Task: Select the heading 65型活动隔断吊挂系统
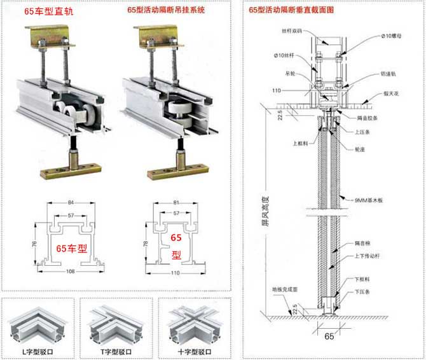click(166, 10)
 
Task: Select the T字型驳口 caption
click(117, 351)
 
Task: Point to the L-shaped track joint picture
click(38, 322)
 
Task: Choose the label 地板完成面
click(285, 289)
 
